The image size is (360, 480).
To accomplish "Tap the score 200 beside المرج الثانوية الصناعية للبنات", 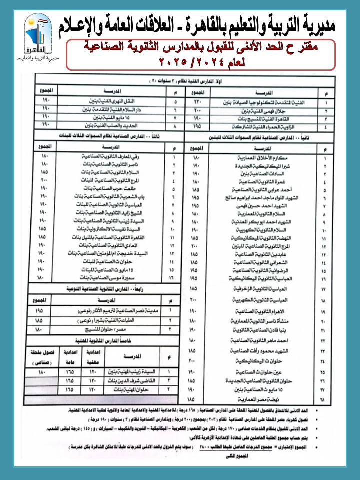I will [x=44, y=181].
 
